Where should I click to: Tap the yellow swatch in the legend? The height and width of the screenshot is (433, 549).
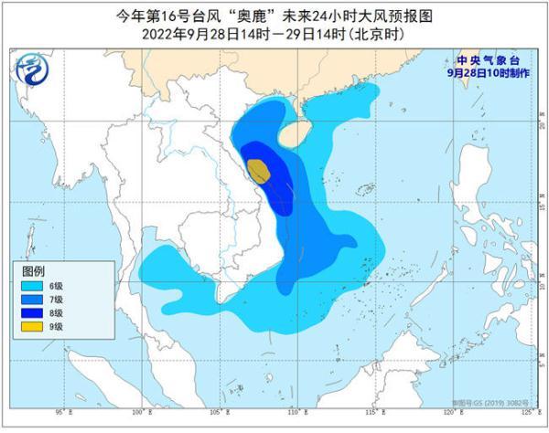(33, 326)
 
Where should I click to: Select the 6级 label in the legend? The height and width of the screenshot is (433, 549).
(57, 285)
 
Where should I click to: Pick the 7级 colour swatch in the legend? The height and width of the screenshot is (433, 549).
(33, 299)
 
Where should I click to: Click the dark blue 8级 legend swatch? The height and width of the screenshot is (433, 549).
(33, 312)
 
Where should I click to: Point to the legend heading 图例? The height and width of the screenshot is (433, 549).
(34, 271)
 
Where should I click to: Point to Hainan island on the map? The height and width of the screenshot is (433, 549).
(294, 136)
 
